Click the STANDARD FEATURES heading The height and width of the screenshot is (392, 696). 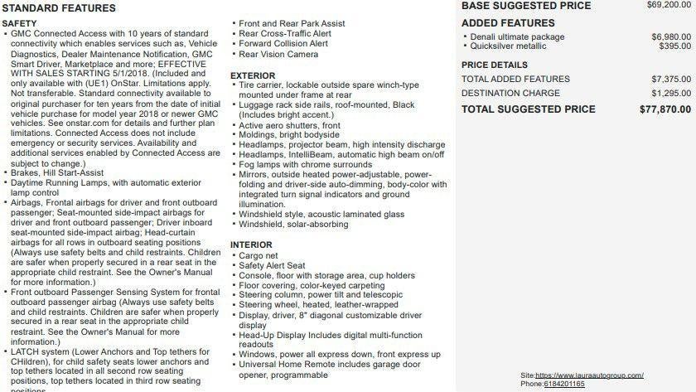(x=58, y=8)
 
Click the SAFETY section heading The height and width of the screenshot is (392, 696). (x=19, y=23)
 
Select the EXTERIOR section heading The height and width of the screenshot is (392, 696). (x=253, y=75)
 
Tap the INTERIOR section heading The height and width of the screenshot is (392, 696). (x=251, y=245)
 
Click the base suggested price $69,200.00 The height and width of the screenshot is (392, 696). (x=669, y=5)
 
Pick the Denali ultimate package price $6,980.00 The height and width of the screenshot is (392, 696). (x=670, y=37)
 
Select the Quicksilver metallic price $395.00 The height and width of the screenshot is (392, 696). (x=674, y=46)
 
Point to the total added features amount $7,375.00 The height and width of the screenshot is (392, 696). (x=670, y=79)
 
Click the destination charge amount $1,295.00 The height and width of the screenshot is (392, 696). (x=670, y=94)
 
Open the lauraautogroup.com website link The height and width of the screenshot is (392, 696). (x=601, y=375)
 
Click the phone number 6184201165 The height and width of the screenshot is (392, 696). (x=563, y=385)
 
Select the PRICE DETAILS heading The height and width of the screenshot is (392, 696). (x=494, y=65)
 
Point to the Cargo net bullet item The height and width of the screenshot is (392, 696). (x=258, y=256)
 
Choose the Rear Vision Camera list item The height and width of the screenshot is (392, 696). (x=278, y=55)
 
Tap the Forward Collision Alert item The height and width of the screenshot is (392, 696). (x=283, y=44)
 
